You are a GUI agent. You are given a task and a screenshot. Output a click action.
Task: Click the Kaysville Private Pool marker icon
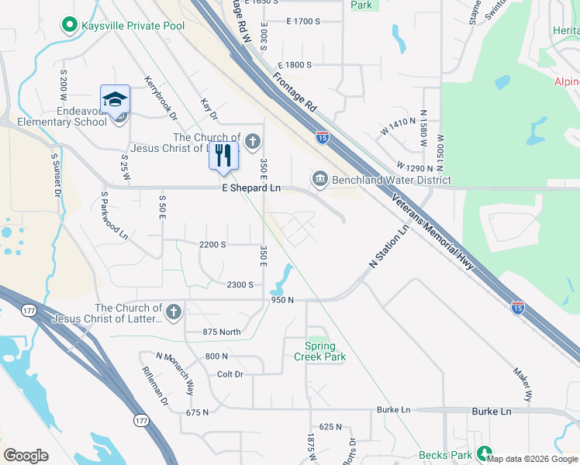click(x=70, y=26)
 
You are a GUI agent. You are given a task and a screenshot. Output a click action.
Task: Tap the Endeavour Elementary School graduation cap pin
click(x=115, y=101)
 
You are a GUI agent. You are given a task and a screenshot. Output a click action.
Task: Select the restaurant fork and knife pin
click(x=223, y=154)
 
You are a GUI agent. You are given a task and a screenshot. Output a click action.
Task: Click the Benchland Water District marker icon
click(x=319, y=180)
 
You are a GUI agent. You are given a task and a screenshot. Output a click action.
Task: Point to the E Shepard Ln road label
click(x=251, y=188)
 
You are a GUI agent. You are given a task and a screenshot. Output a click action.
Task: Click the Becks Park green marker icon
click(x=485, y=453)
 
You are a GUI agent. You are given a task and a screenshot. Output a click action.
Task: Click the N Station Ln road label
click(x=388, y=249)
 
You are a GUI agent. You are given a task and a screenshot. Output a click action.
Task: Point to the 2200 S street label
click(x=212, y=244)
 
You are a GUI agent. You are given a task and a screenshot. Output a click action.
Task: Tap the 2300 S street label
click(x=240, y=284)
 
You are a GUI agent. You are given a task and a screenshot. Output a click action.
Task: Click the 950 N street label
click(x=282, y=299)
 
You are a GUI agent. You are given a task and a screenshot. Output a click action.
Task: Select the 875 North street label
click(x=222, y=332)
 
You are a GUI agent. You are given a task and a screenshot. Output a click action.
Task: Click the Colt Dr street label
click(x=230, y=374)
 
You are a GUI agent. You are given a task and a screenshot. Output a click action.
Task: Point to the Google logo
click(x=26, y=455)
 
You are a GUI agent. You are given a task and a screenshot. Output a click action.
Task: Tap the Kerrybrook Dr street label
click(x=162, y=98)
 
